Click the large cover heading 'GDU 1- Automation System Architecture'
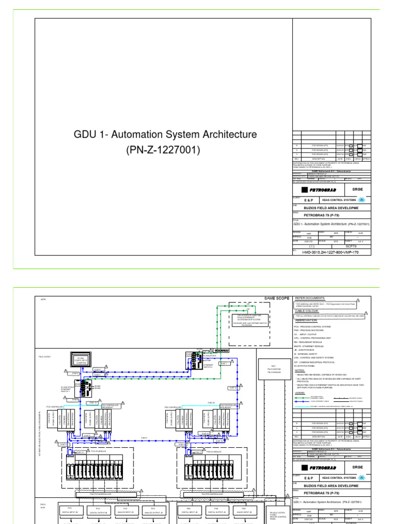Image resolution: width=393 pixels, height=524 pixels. coord(165,135)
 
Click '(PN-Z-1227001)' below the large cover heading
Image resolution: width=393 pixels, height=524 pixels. coord(165,150)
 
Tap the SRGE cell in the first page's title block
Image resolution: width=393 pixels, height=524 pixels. coord(357,188)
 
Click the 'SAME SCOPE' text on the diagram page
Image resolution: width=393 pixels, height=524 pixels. coord(277,298)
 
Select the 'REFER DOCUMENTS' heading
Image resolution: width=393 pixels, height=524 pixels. coord(310,298)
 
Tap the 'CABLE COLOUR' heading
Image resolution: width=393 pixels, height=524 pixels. coord(307,311)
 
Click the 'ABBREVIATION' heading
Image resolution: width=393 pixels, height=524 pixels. coord(309,320)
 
